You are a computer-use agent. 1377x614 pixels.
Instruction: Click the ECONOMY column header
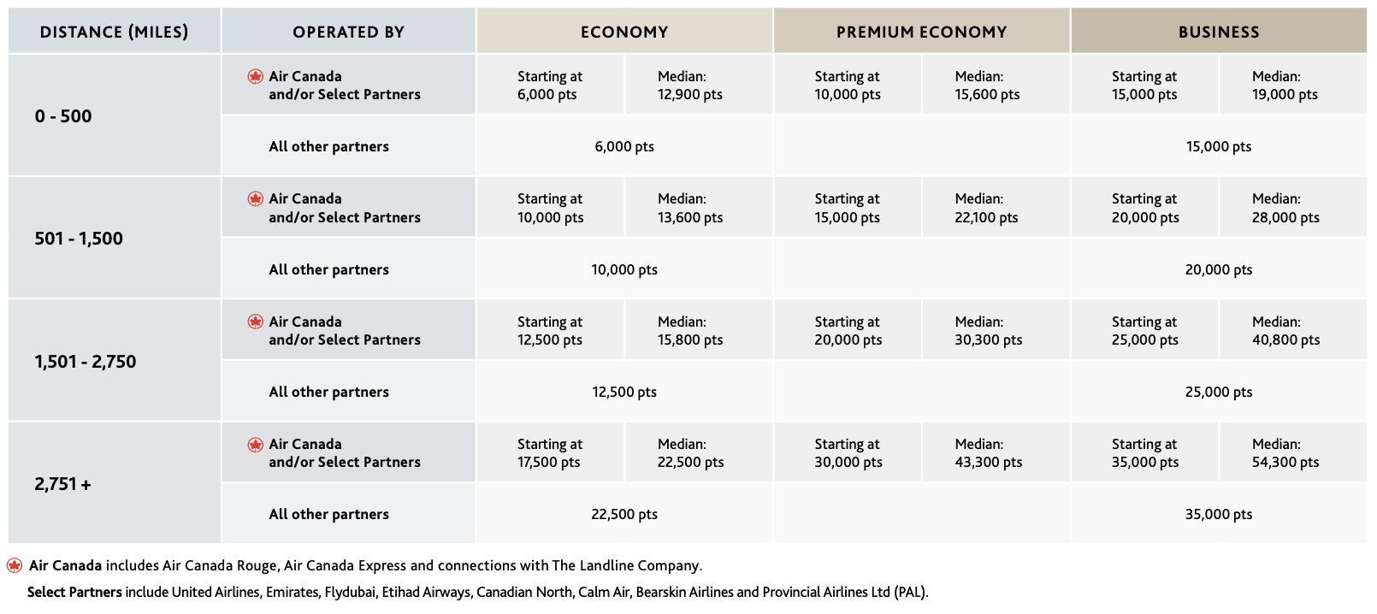624,32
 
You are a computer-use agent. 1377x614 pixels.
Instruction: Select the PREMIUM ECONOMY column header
921,32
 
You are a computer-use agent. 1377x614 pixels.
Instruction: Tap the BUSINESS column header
1218,32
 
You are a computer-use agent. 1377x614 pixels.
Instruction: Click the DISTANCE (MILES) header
114,32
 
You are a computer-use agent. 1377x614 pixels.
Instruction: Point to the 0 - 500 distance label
63,116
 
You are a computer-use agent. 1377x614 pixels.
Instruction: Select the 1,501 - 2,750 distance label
86,362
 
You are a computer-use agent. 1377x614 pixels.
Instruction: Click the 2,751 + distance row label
63,484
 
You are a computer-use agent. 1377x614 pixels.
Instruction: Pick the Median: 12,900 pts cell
689,86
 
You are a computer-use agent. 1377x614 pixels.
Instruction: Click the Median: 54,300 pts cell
1285,453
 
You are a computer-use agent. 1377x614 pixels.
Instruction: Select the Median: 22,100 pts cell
986,208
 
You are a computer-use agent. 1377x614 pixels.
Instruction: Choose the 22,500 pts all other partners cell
624,514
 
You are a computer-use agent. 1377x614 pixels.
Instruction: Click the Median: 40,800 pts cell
1285,331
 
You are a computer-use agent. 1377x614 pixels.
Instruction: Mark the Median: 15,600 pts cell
986,86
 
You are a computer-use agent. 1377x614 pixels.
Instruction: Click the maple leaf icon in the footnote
15,565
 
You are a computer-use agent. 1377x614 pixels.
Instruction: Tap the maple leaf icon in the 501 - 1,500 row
255,199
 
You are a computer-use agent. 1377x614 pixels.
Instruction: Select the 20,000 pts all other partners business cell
1218,269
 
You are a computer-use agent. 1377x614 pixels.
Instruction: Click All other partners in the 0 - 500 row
328,146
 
